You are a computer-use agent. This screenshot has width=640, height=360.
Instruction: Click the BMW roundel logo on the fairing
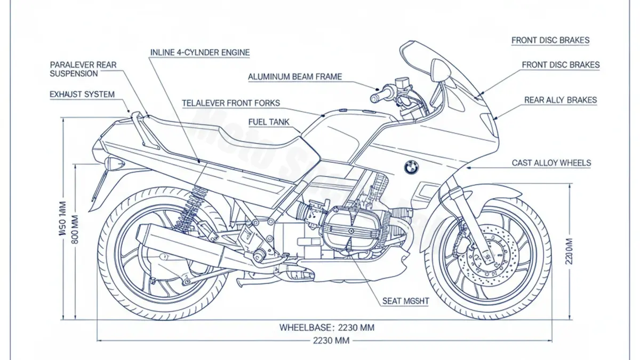click(x=411, y=167)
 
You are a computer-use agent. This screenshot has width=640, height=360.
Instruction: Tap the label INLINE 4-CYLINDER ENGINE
click(x=199, y=53)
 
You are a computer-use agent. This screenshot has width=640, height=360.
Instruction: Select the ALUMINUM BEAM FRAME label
click(x=295, y=77)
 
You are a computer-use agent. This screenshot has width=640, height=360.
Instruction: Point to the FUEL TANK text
click(x=269, y=122)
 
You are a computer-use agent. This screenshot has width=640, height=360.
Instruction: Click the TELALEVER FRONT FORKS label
click(x=230, y=103)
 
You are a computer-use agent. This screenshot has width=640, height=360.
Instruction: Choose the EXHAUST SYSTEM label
click(x=82, y=94)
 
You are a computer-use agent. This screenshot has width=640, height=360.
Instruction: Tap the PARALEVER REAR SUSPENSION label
click(x=83, y=69)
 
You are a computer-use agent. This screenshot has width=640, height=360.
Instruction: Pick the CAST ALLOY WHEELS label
click(x=551, y=163)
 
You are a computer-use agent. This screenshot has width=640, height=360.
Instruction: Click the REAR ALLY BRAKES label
click(x=560, y=100)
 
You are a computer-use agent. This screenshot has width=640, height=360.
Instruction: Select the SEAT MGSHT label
click(x=405, y=301)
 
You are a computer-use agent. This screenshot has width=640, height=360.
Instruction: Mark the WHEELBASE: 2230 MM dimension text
click(x=326, y=327)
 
